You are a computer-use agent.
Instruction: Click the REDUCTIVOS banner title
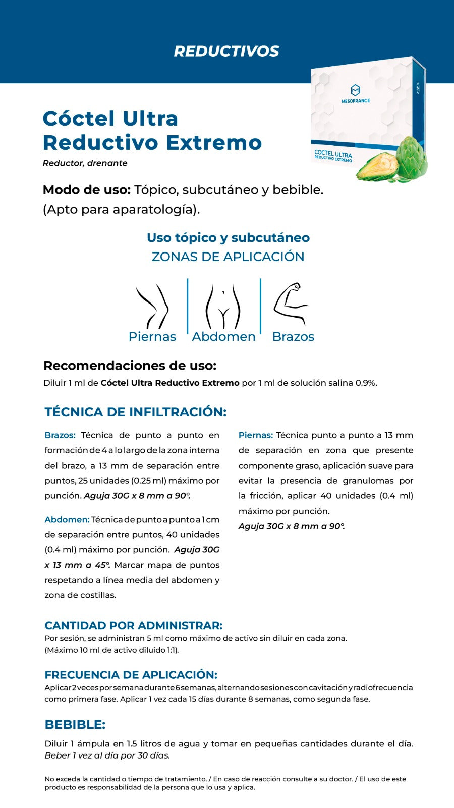[x=226, y=51]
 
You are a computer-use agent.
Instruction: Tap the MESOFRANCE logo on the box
[x=356, y=94]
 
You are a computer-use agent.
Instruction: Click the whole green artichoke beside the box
[x=411, y=157]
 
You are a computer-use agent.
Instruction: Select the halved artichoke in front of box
[x=378, y=167]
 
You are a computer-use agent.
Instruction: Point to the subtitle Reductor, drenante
[x=85, y=163]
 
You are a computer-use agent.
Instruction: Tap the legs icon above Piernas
[x=152, y=306]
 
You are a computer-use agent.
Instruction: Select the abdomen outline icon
[x=223, y=307]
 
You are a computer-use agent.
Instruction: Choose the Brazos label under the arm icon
[x=293, y=337]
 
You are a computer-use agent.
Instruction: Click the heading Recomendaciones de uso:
[x=130, y=365]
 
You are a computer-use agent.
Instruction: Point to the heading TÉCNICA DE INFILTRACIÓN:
[x=135, y=412]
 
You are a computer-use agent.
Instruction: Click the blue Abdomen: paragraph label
[x=67, y=520]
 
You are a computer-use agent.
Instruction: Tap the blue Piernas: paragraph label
[x=255, y=435]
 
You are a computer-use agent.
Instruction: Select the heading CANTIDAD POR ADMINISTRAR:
[x=133, y=625]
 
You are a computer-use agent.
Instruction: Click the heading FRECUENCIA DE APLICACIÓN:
[x=131, y=675]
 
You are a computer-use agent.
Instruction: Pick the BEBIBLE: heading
[x=75, y=724]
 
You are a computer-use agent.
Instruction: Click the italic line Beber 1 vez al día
[x=107, y=755]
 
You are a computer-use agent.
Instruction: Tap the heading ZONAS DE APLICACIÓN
[x=228, y=257]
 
